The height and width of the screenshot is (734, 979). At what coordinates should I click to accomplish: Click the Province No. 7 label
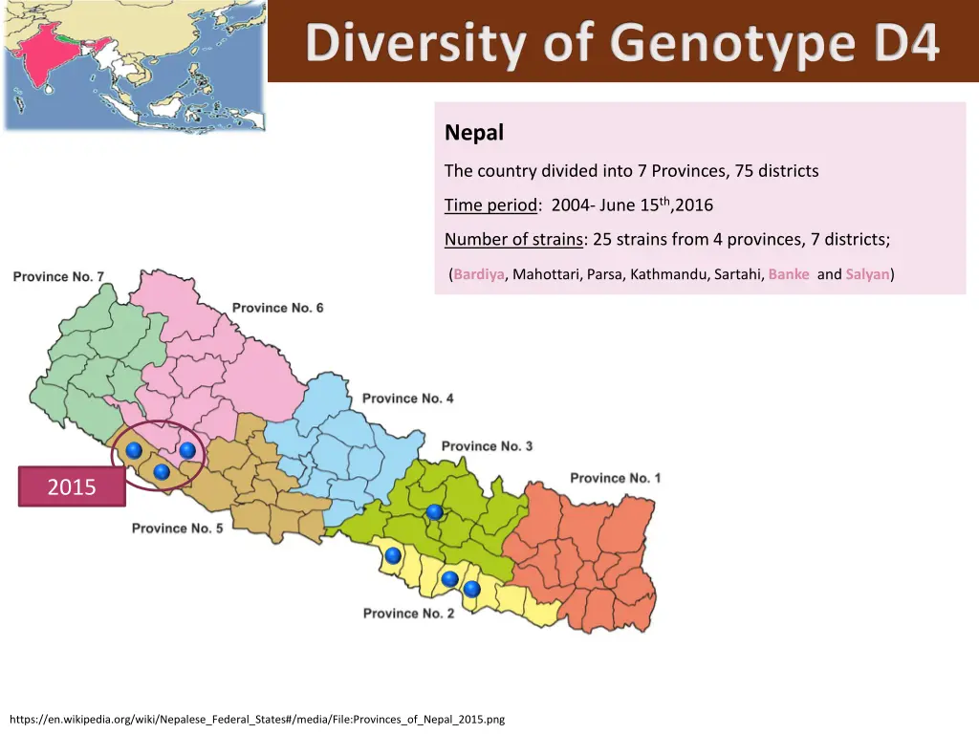pyautogui.click(x=58, y=277)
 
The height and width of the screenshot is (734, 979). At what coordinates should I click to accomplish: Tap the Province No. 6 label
pyautogui.click(x=277, y=308)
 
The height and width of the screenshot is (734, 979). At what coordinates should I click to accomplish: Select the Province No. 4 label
pyautogui.click(x=407, y=399)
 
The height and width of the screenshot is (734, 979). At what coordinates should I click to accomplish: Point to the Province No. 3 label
pyautogui.click(x=487, y=446)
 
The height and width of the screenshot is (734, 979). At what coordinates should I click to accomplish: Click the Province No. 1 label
pyautogui.click(x=615, y=478)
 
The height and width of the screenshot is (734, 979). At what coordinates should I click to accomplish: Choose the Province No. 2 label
pyautogui.click(x=408, y=614)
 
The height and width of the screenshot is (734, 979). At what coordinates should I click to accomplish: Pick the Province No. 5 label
pyautogui.click(x=177, y=529)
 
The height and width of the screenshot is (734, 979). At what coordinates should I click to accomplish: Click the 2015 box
pyautogui.click(x=72, y=486)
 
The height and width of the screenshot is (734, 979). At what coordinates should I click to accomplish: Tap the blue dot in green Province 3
pyautogui.click(x=435, y=512)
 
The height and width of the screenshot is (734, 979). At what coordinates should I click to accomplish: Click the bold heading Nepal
pyautogui.click(x=474, y=133)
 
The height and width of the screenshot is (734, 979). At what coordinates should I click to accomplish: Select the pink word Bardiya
pyautogui.click(x=479, y=274)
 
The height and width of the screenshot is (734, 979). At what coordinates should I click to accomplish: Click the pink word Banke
pyautogui.click(x=789, y=274)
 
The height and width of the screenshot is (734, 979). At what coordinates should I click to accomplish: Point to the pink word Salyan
pyautogui.click(x=867, y=274)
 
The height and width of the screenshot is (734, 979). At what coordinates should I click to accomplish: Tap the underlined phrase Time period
pyautogui.click(x=490, y=205)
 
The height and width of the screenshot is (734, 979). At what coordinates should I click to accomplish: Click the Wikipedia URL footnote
pyautogui.click(x=256, y=719)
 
